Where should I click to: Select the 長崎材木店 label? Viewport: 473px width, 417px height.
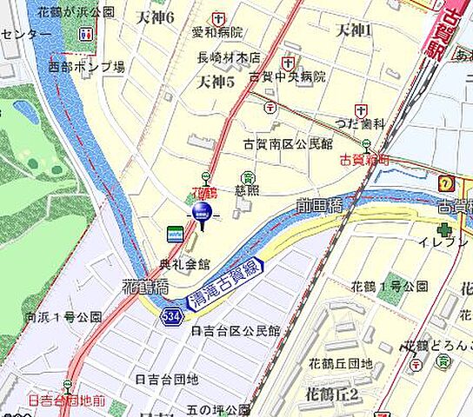click(229, 57)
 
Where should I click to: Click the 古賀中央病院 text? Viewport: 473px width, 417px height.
click(287, 76)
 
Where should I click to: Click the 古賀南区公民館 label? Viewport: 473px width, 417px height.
click(287, 143)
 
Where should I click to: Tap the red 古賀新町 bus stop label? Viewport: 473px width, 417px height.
click(363, 159)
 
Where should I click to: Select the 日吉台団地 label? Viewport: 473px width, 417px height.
click(167, 379)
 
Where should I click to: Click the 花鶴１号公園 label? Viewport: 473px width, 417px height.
click(389, 286)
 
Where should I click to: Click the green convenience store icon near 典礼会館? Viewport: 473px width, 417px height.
click(175, 233)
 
